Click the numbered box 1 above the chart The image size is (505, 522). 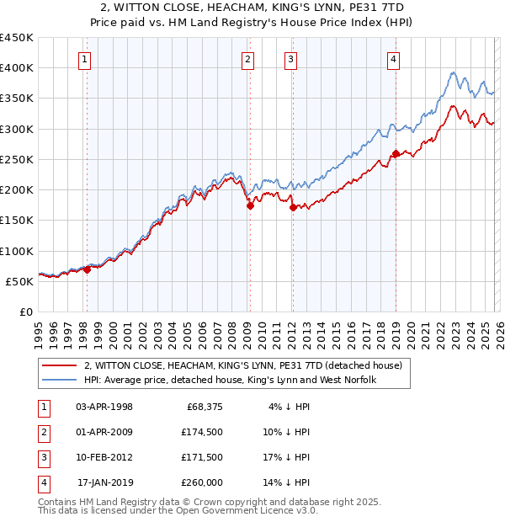(87, 59)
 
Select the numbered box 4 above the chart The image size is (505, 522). (394, 59)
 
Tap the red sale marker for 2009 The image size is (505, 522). (250, 205)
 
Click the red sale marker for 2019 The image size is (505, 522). (396, 153)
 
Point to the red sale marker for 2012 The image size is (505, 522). (292, 206)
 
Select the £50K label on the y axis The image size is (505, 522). (20, 281)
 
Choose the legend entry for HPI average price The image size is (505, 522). (229, 381)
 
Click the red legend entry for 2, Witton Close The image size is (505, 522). (244, 365)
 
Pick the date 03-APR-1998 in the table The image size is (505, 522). (104, 407)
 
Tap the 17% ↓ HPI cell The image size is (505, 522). (286, 457)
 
